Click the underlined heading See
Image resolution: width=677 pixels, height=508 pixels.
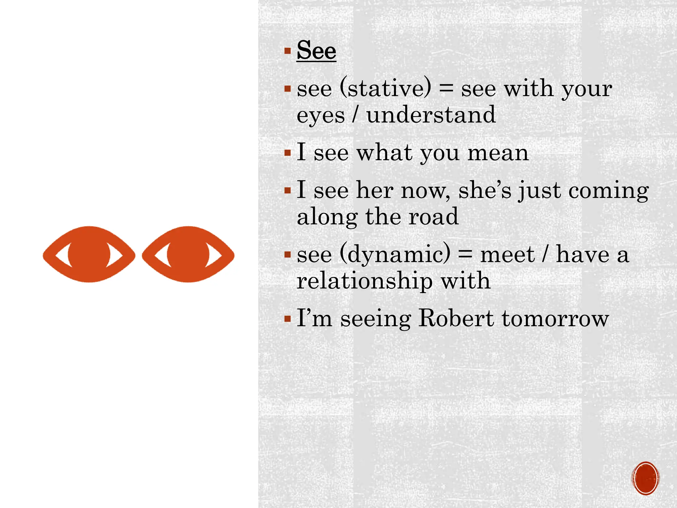tap(316, 51)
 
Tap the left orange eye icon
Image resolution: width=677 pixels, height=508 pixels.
tap(89, 254)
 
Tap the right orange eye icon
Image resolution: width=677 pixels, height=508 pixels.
tap(188, 254)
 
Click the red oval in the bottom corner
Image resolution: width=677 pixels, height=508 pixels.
tap(645, 478)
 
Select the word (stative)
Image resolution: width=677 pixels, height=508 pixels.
tap(385, 88)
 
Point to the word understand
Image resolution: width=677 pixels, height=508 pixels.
tap(431, 115)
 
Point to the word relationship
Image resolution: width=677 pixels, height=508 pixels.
tap(365, 281)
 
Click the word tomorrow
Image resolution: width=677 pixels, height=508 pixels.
tap(555, 319)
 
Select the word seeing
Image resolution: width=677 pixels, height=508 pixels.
tap(376, 319)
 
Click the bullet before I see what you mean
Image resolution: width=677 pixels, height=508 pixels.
tap(288, 153)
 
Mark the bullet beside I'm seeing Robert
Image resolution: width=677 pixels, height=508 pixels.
tap(288, 319)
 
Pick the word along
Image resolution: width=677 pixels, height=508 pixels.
tap(327, 217)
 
